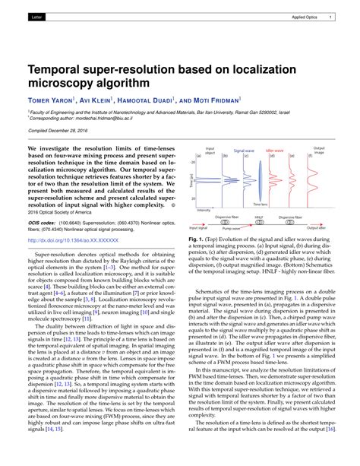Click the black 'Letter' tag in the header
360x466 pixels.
pyautogui.click(x=37, y=16)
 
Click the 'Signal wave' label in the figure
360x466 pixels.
pyautogui.click(x=245, y=151)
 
